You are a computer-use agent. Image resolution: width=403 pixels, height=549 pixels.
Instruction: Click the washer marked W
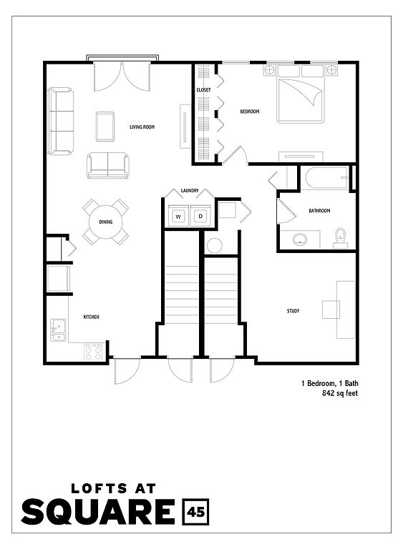tap(178, 217)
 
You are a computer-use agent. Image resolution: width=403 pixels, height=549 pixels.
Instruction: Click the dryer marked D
tap(200, 217)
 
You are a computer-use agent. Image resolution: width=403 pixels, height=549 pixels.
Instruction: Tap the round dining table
tap(105, 222)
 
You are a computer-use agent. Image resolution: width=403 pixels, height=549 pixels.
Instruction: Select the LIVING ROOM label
tap(142, 127)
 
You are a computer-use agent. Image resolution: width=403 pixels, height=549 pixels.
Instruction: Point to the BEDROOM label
tap(250, 112)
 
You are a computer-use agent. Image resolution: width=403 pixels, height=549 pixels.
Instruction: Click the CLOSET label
tap(203, 90)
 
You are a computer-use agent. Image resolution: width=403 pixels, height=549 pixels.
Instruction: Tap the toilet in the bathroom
tap(340, 238)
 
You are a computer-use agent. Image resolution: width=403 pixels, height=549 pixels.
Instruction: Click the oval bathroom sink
tap(300, 239)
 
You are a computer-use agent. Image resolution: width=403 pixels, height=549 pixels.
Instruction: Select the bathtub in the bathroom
tap(326, 178)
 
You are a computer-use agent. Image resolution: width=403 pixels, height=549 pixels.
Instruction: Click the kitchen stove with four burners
tap(94, 352)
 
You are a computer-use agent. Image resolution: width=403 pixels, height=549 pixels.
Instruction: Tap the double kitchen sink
tap(58, 330)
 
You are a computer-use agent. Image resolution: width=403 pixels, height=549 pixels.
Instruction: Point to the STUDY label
tap(293, 310)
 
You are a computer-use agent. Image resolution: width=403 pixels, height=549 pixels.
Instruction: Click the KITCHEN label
tap(91, 317)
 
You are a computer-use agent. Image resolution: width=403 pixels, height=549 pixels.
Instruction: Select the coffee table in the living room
tap(105, 127)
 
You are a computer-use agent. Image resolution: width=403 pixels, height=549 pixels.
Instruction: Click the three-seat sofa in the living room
tap(61, 121)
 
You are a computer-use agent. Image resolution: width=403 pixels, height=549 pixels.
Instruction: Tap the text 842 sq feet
tap(340, 393)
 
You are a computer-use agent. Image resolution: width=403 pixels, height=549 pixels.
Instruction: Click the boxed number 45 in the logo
tap(195, 512)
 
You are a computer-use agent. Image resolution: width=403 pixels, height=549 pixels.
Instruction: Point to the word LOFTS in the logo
tap(99, 488)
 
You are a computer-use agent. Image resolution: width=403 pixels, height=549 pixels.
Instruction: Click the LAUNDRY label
tap(190, 190)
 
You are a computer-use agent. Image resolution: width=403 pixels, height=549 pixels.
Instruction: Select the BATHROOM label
tap(319, 211)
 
